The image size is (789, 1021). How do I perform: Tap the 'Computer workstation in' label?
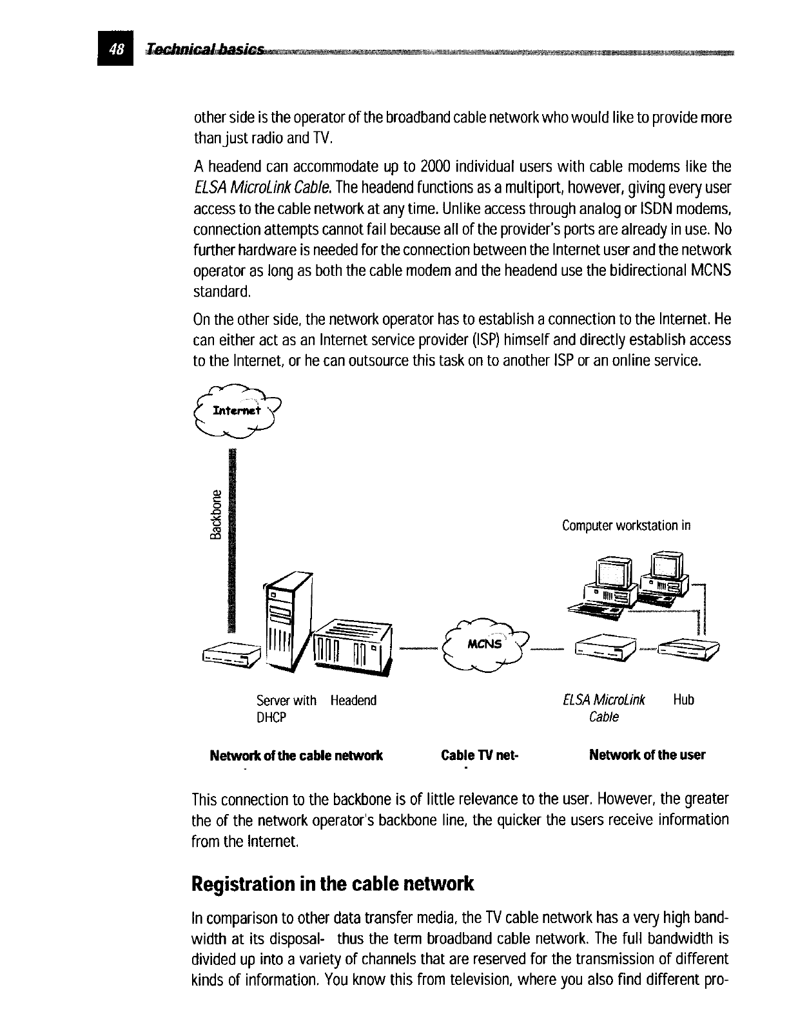click(626, 525)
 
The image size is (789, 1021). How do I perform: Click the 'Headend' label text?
click(353, 700)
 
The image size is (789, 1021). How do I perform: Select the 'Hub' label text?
click(683, 700)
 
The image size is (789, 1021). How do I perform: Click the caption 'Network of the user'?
click(647, 755)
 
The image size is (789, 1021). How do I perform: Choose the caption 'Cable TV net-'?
click(480, 755)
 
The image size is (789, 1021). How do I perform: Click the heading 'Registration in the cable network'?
click(333, 883)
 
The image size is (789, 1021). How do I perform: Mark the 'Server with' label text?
click(286, 700)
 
